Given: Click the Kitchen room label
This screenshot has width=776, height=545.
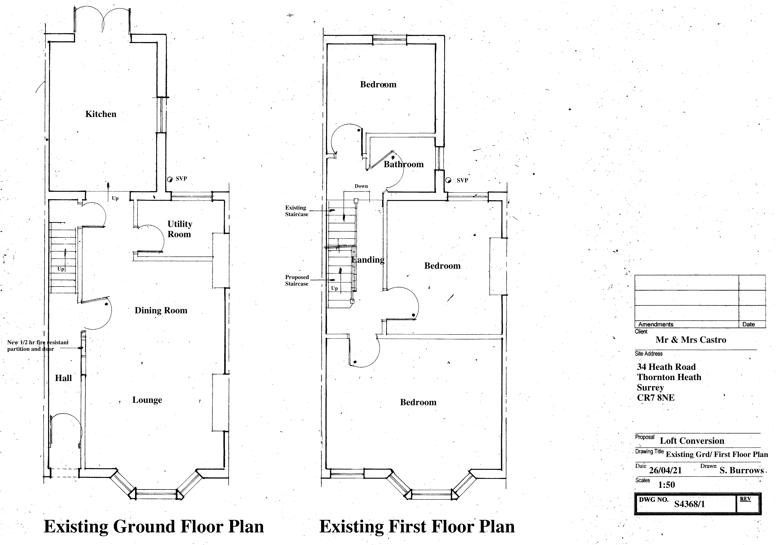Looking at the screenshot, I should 101,114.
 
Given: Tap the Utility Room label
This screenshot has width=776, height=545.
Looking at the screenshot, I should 179,229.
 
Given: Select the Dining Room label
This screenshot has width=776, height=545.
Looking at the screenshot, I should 161,311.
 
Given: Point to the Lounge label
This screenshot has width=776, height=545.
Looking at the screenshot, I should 147,400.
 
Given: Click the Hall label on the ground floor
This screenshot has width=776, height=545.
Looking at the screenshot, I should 64,378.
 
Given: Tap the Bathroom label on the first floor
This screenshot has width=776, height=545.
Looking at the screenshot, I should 403,164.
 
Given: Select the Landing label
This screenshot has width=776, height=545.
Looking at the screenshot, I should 368,260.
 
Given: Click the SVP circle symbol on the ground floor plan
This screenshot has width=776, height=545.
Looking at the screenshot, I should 170,179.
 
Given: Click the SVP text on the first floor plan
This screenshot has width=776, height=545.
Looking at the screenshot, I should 462,180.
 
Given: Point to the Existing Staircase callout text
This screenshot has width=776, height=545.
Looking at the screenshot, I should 296,211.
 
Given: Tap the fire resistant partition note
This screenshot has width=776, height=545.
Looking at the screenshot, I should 38,346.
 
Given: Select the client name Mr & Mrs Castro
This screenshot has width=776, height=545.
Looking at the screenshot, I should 691,340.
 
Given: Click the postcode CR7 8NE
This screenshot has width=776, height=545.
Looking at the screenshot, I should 656,398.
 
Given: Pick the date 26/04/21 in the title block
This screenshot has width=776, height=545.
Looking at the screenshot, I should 665,470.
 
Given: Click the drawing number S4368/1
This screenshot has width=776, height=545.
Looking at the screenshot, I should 690,504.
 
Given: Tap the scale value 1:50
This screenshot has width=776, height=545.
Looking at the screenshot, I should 666,485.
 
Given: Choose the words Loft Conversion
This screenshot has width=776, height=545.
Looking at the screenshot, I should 692,441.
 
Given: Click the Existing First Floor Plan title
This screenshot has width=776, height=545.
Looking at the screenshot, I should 417,526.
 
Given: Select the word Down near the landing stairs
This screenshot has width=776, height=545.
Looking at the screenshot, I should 361,186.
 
